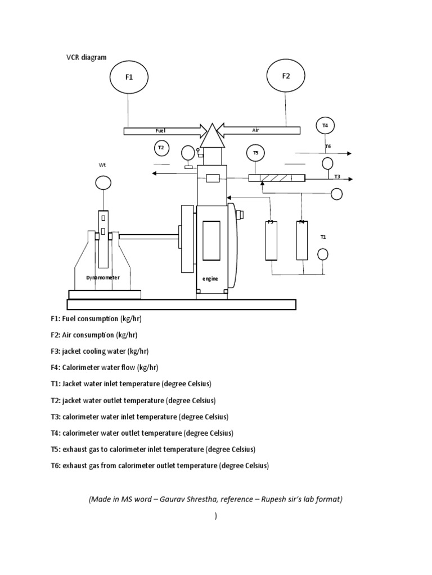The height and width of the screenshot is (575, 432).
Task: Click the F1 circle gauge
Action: pyautogui.click(x=129, y=77)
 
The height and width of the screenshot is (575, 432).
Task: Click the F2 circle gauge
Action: pyautogui.click(x=286, y=76)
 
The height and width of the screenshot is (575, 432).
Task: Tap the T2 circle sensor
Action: pyautogui.click(x=161, y=148)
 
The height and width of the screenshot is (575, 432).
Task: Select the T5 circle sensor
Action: pyautogui.click(x=255, y=153)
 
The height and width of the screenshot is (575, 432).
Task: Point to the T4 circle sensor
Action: pyautogui.click(x=325, y=126)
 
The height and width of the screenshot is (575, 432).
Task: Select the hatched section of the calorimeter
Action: pyautogui.click(x=276, y=178)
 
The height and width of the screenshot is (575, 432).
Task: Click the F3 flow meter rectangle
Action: pyautogui.click(x=271, y=240)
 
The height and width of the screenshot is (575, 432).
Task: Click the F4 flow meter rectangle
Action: pyautogui.click(x=303, y=240)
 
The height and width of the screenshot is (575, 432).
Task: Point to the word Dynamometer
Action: pyautogui.click(x=103, y=277)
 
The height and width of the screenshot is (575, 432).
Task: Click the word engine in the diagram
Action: pyautogui.click(x=210, y=279)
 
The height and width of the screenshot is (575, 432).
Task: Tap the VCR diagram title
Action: pyautogui.click(x=86, y=57)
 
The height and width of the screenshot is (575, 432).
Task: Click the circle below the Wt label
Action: pyautogui.click(x=103, y=182)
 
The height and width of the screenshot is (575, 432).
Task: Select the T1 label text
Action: pyautogui.click(x=323, y=237)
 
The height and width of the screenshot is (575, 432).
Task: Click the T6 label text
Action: pyautogui.click(x=328, y=146)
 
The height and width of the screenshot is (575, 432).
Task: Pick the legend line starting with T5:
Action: pyautogui.click(x=153, y=450)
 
